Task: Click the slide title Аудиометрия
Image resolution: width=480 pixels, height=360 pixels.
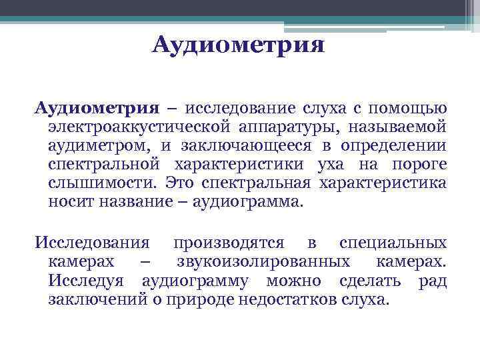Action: coord(239,46)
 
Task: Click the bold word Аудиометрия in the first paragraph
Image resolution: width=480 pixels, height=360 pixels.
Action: coord(97,108)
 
